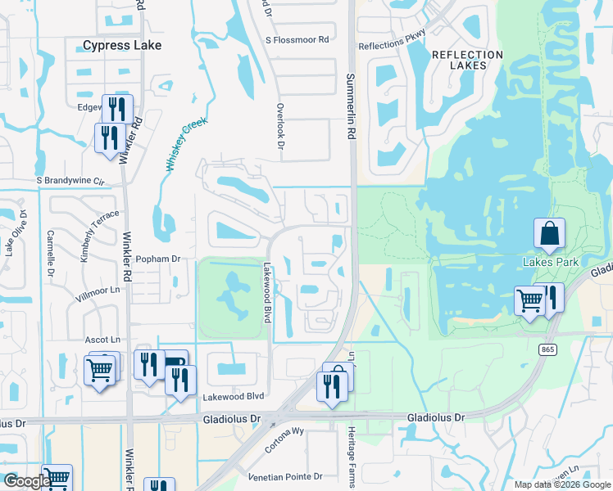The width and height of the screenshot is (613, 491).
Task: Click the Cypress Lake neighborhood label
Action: (122, 46)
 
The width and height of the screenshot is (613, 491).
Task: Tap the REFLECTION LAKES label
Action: (467, 61)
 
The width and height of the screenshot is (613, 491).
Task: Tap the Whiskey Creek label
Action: (187, 144)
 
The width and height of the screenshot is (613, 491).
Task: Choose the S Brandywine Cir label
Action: (71, 180)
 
